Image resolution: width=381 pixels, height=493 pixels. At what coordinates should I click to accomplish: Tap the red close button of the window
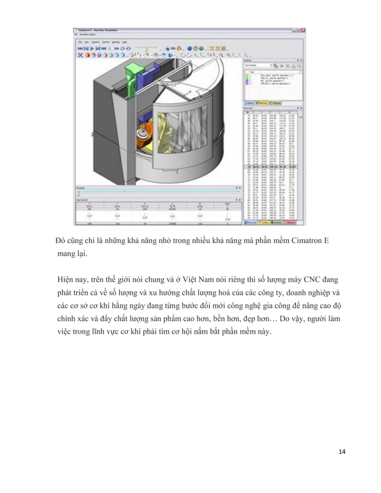(x=303, y=29)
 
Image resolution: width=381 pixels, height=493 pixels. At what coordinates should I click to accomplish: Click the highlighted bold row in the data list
(x=272, y=165)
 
